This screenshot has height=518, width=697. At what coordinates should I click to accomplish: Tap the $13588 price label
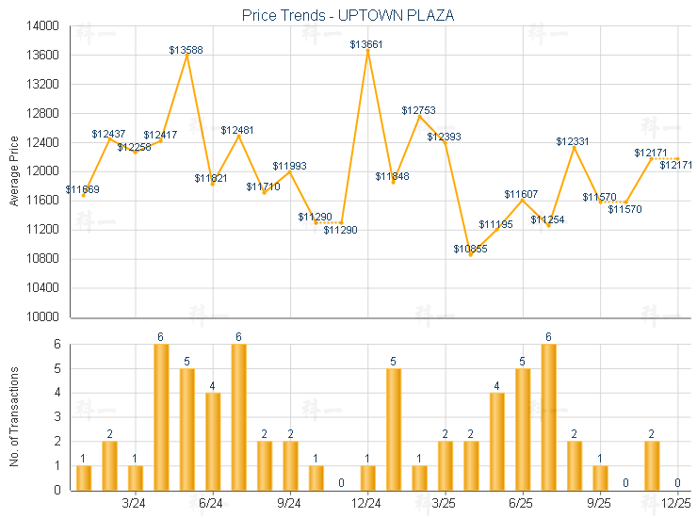point(186,50)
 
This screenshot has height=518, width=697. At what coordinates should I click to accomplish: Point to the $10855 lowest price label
point(470,249)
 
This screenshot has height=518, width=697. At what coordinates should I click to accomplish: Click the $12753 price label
point(418,110)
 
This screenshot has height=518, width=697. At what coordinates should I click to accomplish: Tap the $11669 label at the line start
point(83,189)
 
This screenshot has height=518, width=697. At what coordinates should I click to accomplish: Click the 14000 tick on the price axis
point(40,26)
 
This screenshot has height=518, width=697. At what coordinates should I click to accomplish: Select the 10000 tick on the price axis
point(40,316)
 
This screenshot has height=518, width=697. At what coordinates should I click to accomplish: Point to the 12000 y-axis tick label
point(40,171)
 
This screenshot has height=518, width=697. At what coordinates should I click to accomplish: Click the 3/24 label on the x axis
point(135,504)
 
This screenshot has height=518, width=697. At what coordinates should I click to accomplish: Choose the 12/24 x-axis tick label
point(366,504)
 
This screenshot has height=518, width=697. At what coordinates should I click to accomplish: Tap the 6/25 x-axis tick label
point(522,504)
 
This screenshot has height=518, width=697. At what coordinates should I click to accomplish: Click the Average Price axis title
point(13,171)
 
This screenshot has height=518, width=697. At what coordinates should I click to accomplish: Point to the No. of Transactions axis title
point(13,416)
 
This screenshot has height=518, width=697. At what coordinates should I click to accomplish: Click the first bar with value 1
point(84,478)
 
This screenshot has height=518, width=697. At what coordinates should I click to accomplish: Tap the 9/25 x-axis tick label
point(599,504)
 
